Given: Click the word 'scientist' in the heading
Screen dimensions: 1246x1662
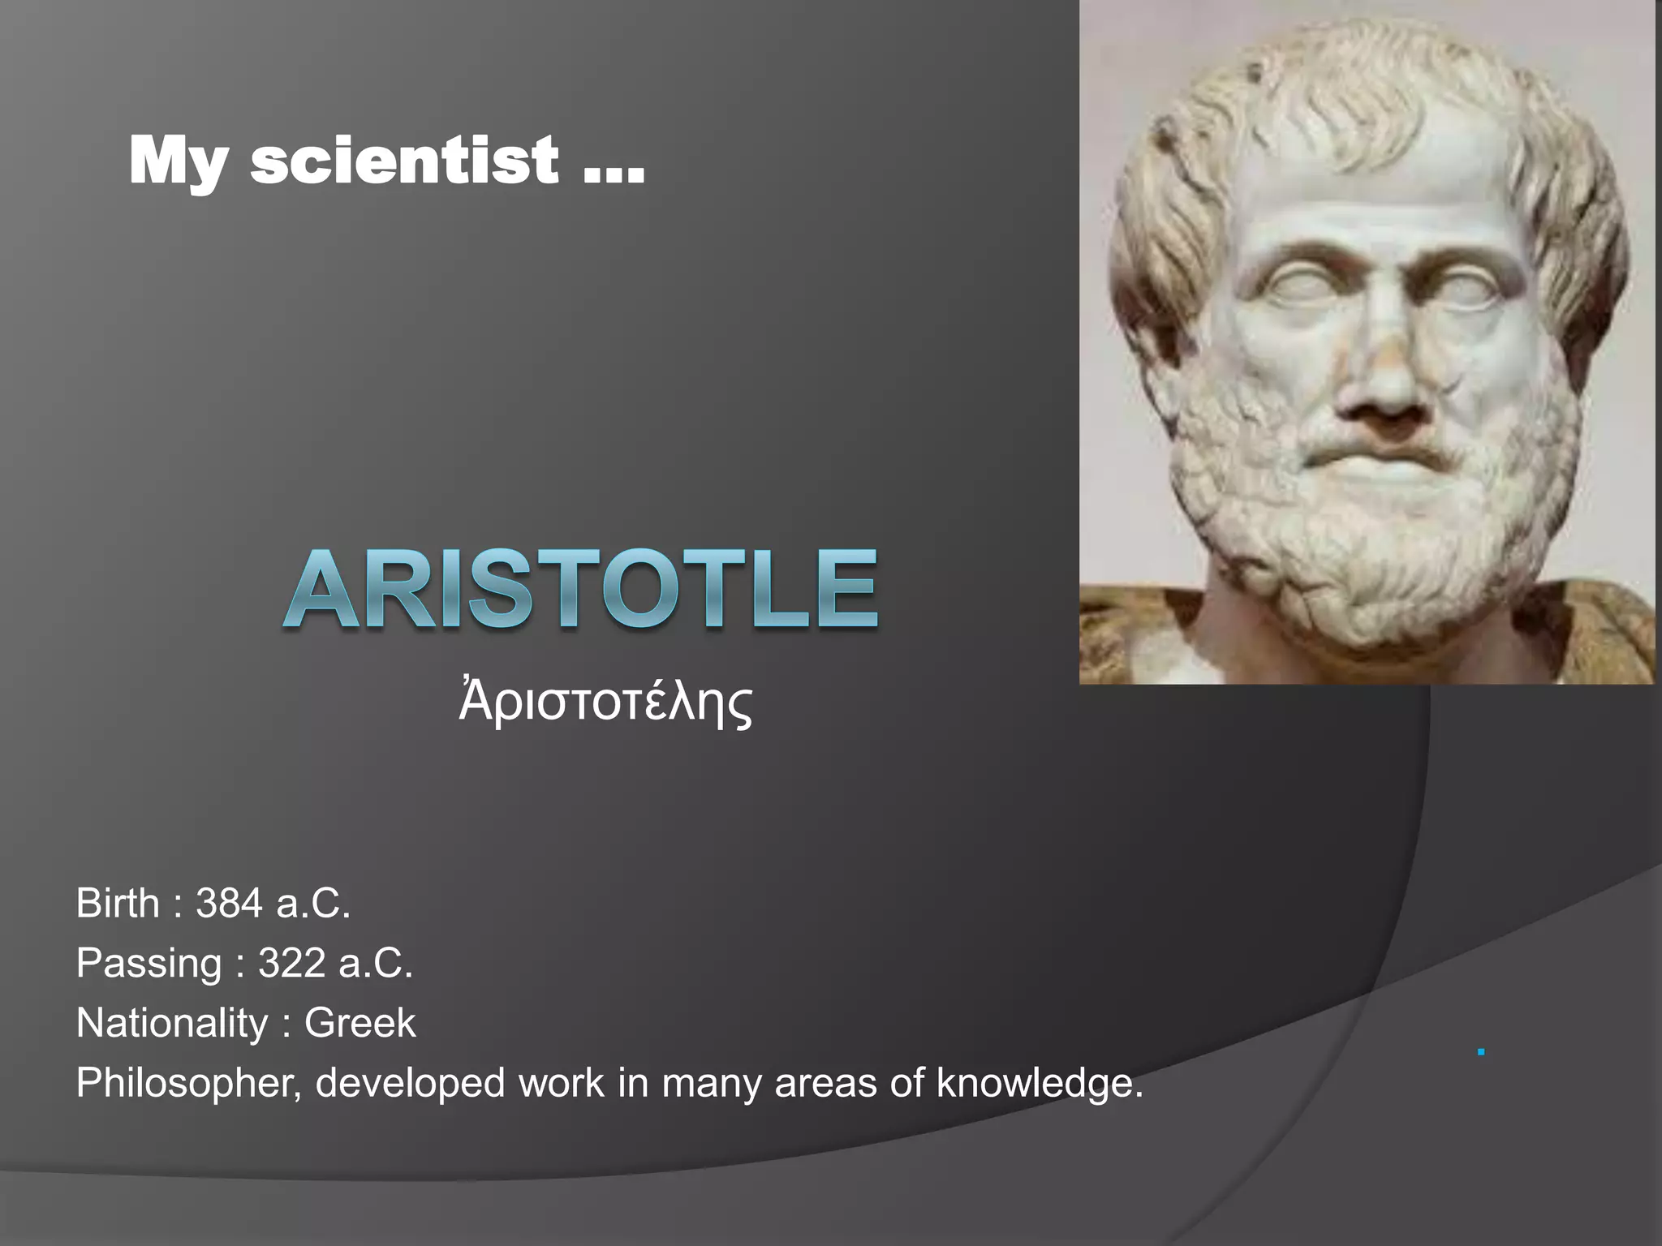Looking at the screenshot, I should click(x=403, y=161).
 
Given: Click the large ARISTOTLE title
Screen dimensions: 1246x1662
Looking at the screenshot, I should click(x=581, y=590).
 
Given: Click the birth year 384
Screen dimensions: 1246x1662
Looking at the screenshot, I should click(x=229, y=904).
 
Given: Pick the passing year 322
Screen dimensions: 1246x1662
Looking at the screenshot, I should click(x=291, y=964).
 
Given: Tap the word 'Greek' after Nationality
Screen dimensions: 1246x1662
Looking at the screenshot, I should click(x=360, y=1023).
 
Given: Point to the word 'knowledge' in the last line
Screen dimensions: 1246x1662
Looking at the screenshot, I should click(x=1037, y=1084).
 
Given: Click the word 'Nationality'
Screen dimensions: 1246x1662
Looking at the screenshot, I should click(x=171, y=1023).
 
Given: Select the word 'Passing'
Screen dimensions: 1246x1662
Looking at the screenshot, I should click(x=149, y=964).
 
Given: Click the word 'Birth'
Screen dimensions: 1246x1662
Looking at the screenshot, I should click(x=118, y=904).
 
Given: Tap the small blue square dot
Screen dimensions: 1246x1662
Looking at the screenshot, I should click(x=1481, y=1052).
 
